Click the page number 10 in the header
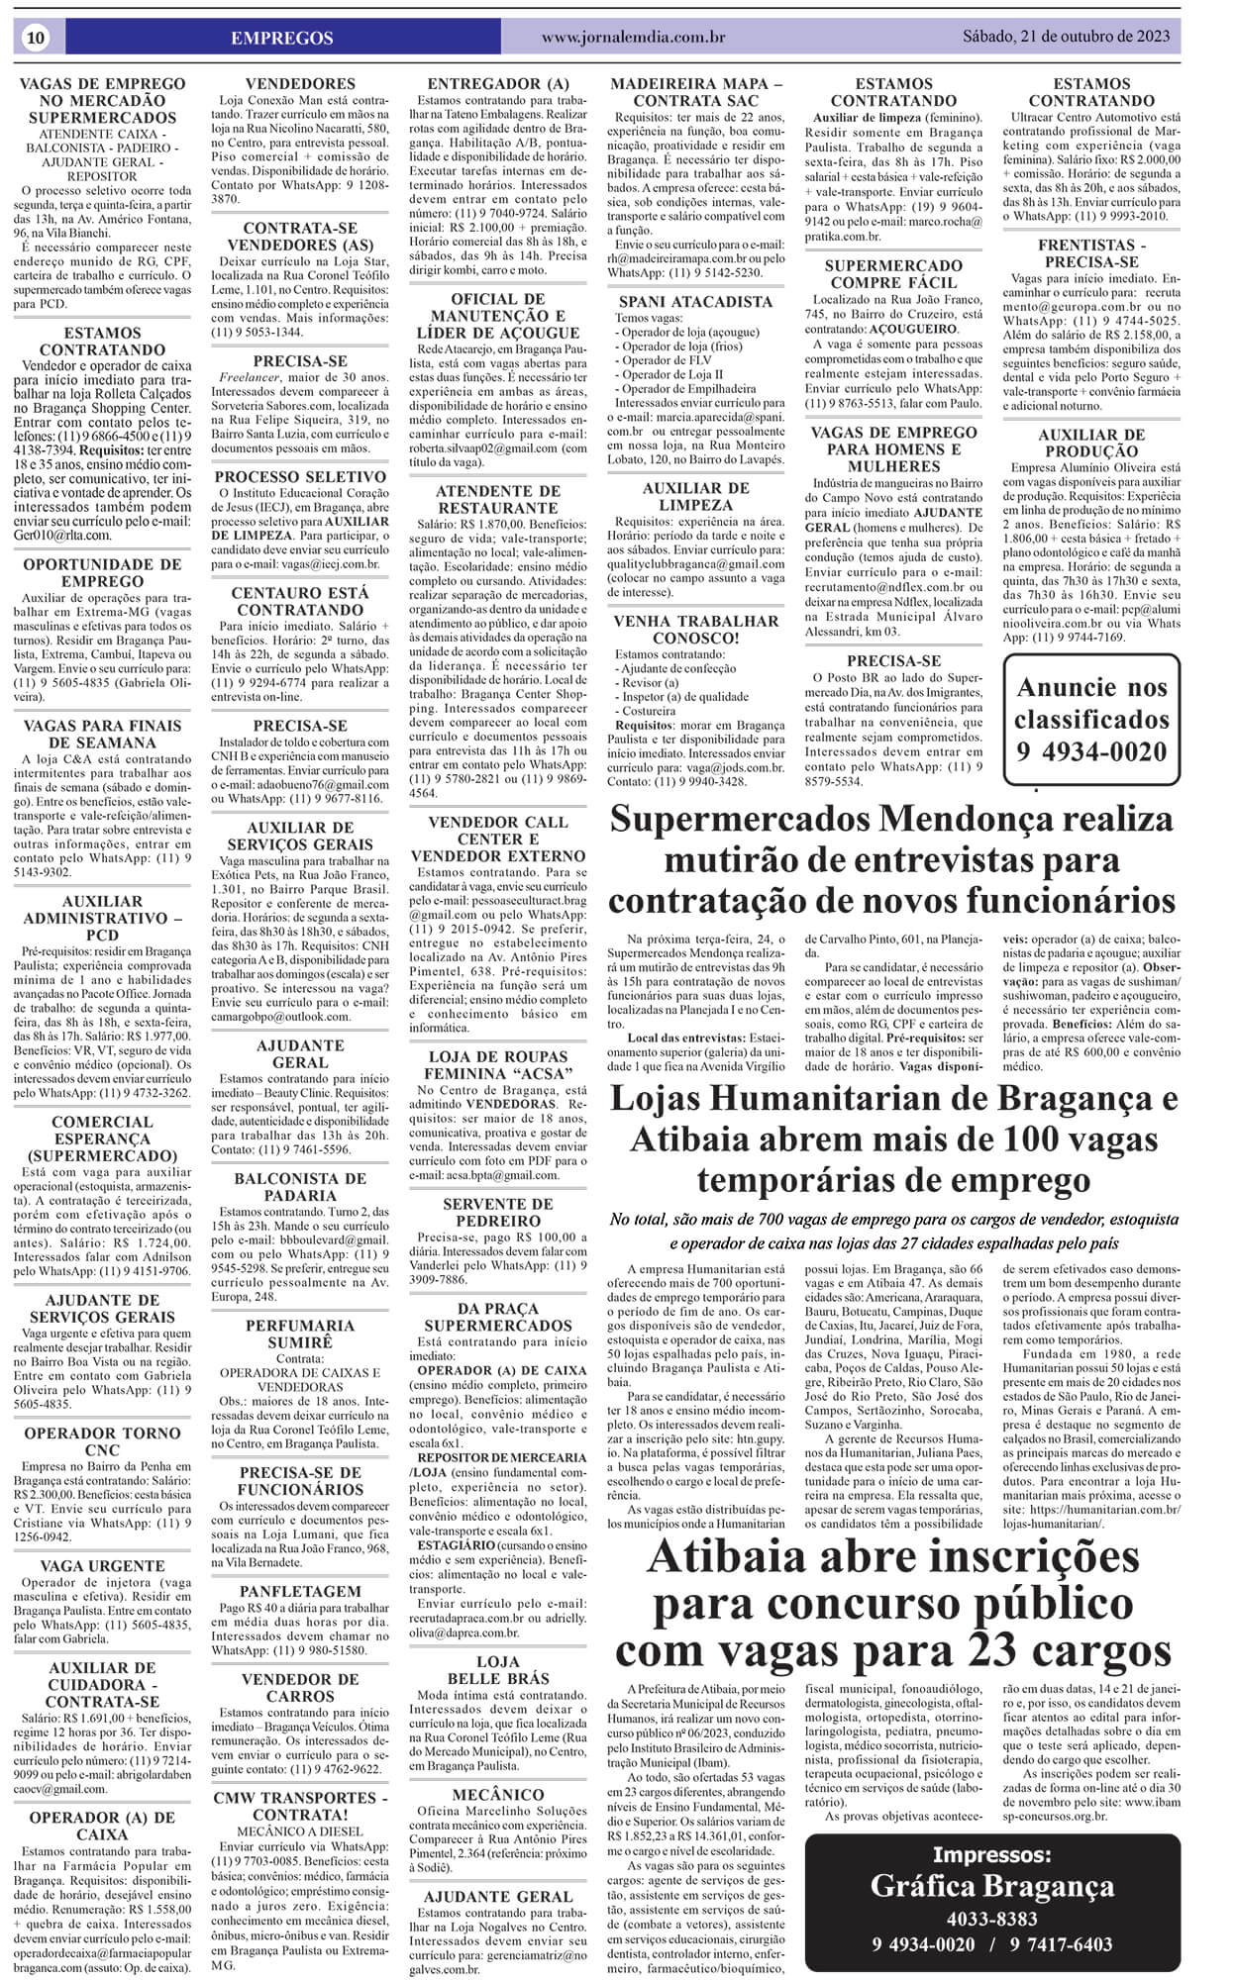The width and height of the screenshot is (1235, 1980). pyautogui.click(x=36, y=38)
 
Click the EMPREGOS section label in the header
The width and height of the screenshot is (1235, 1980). pyautogui.click(x=281, y=38)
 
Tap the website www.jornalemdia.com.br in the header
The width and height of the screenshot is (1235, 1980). pyautogui.click(x=633, y=38)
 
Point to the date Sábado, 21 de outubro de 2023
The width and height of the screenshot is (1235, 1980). pyautogui.click(x=1066, y=37)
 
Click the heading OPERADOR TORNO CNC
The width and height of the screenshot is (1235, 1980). pyautogui.click(x=102, y=1441)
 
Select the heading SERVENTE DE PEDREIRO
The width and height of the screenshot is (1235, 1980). pyautogui.click(x=497, y=1213)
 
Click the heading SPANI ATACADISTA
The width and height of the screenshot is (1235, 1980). pyautogui.click(x=695, y=301)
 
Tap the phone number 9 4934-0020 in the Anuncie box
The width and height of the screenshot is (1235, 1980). pyautogui.click(x=1091, y=751)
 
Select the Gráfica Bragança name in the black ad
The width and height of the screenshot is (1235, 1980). pyautogui.click(x=991, y=1885)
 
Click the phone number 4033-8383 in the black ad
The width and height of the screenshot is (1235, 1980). pyautogui.click(x=991, y=1918)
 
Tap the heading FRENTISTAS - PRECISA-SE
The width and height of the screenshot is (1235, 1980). pyautogui.click(x=1091, y=253)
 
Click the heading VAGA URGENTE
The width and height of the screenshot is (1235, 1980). pyautogui.click(x=102, y=1566)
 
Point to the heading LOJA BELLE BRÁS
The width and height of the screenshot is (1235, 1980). pyautogui.click(x=497, y=1670)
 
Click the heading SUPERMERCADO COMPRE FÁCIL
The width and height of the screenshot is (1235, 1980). pyautogui.click(x=893, y=274)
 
